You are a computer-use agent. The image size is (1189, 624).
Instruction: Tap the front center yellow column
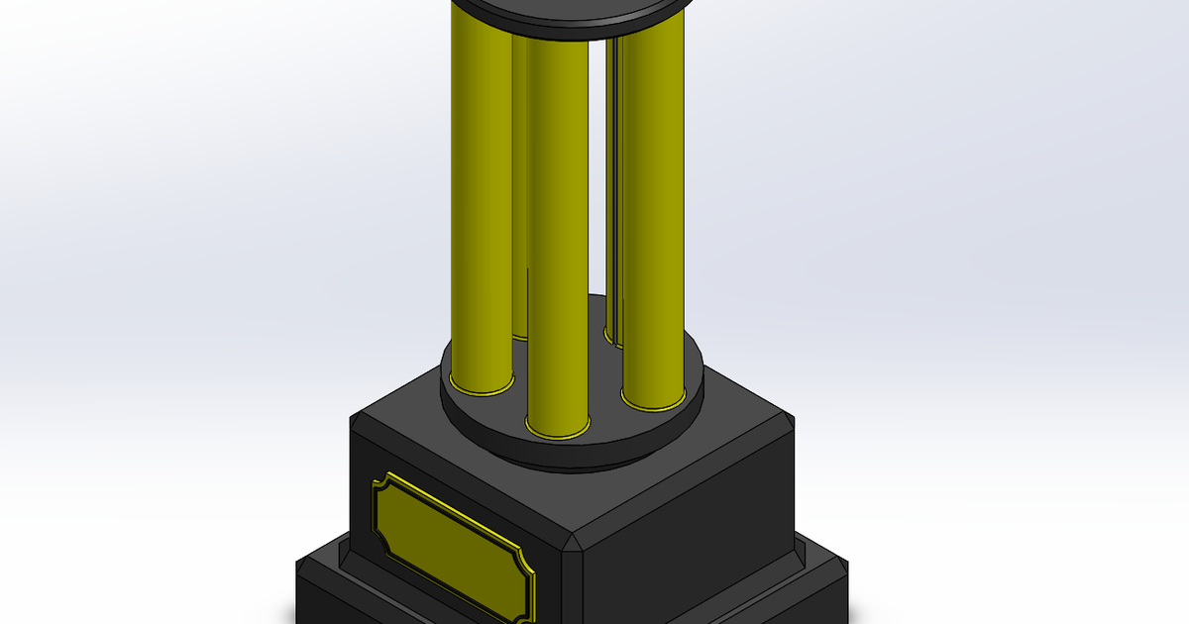[x=557, y=238]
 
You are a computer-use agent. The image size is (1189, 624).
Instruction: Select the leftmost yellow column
[x=481, y=198]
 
